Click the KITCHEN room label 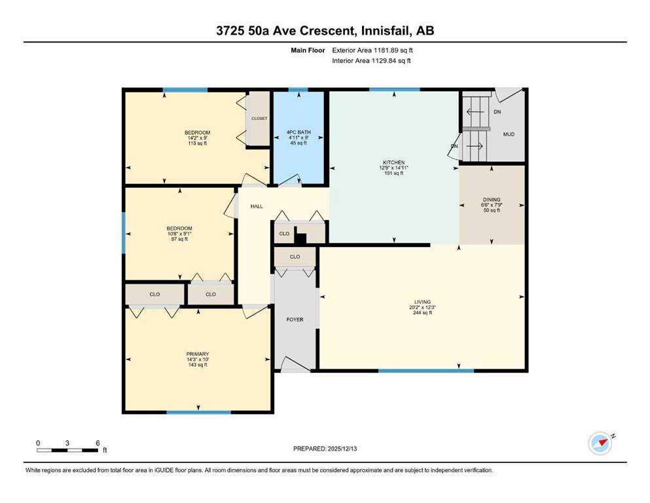394,162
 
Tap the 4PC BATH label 298,132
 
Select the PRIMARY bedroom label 198,354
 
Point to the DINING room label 492,200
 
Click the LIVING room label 422,302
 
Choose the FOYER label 295,320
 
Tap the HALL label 257,206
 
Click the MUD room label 509,134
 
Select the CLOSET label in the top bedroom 259,119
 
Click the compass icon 600,443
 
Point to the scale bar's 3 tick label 67,443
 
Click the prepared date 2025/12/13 342,449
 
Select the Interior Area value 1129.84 384,60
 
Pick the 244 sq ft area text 422,312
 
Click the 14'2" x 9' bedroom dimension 197,138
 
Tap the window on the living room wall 426,371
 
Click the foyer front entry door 296,365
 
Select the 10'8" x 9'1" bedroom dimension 179,233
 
